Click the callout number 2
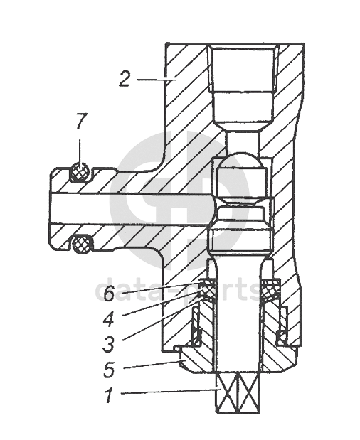click(x=125, y=79)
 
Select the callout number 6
click(x=109, y=294)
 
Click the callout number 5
click(x=108, y=369)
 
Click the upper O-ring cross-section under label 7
click(x=80, y=172)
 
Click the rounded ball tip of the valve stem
click(x=241, y=160)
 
